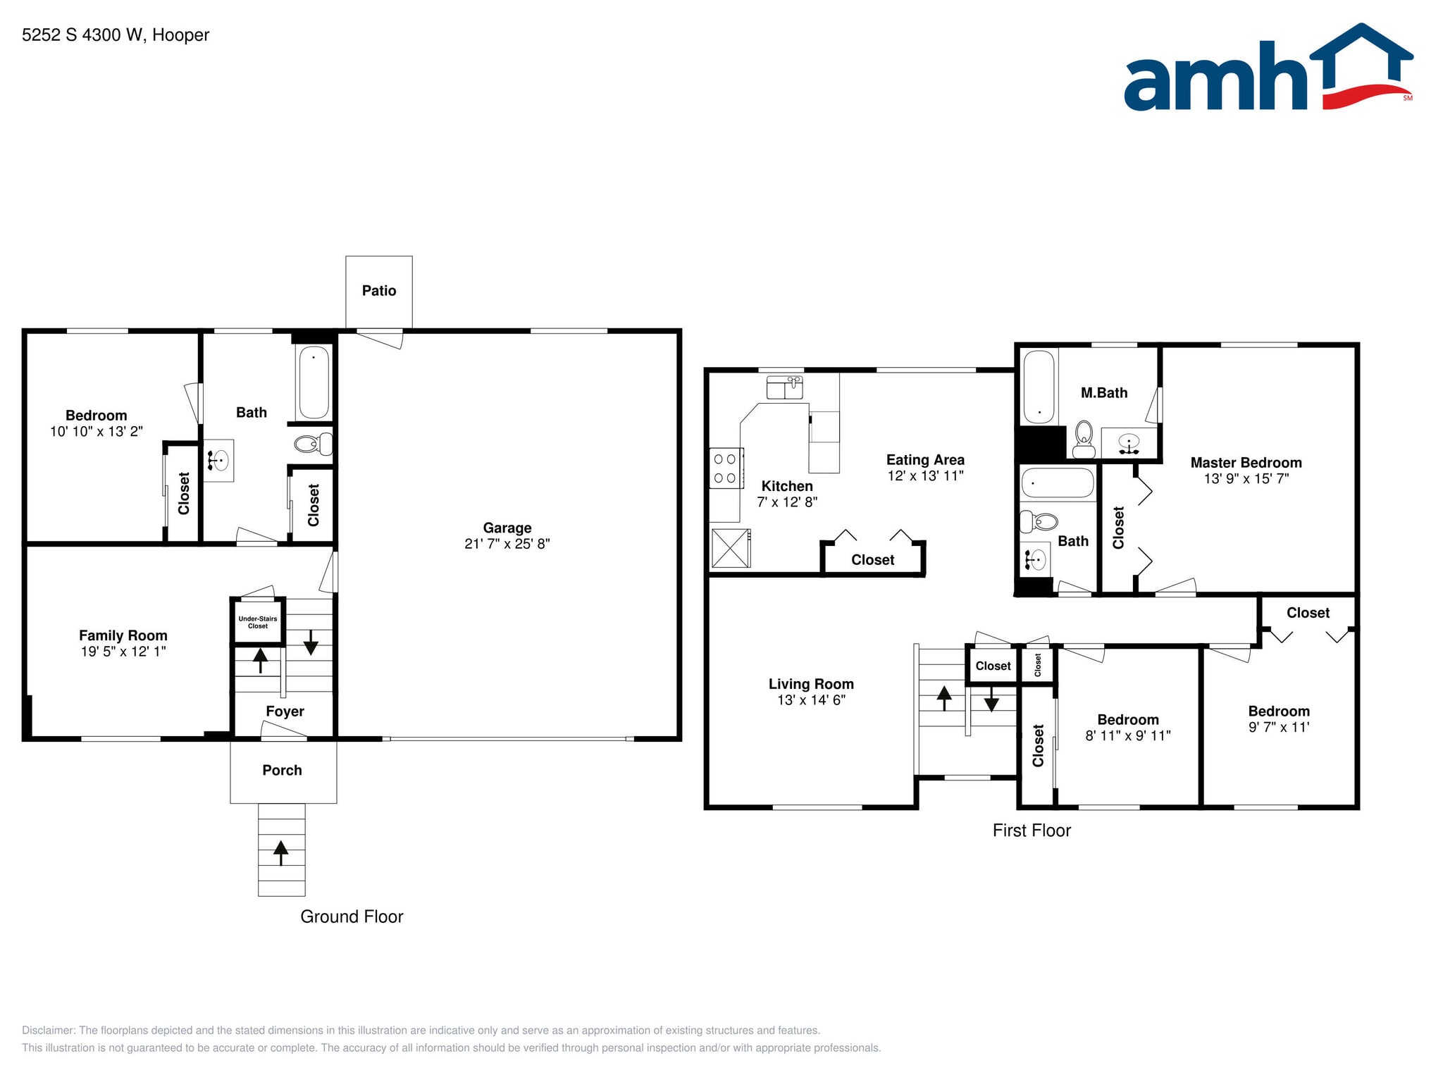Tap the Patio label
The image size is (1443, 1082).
click(379, 291)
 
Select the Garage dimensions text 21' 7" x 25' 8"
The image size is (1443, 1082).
click(507, 544)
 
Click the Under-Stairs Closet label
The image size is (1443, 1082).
click(258, 622)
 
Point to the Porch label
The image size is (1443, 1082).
click(282, 771)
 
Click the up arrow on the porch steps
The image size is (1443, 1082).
click(281, 852)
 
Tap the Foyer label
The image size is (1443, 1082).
click(285, 711)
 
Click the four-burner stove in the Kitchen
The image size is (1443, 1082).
click(725, 468)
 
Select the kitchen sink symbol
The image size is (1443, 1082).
click(784, 387)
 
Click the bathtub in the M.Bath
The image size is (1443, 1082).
click(1039, 387)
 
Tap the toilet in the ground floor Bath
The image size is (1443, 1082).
click(312, 444)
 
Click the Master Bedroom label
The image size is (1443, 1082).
click(1246, 463)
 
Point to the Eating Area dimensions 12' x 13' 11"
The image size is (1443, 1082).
click(925, 476)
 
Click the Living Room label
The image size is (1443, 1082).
click(811, 684)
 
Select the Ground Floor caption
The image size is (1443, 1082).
click(352, 916)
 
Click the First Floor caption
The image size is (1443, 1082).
click(1032, 831)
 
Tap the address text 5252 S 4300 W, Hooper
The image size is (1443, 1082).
click(116, 35)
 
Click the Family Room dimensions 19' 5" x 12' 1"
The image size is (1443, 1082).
click(123, 652)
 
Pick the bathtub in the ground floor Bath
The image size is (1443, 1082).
click(314, 382)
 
